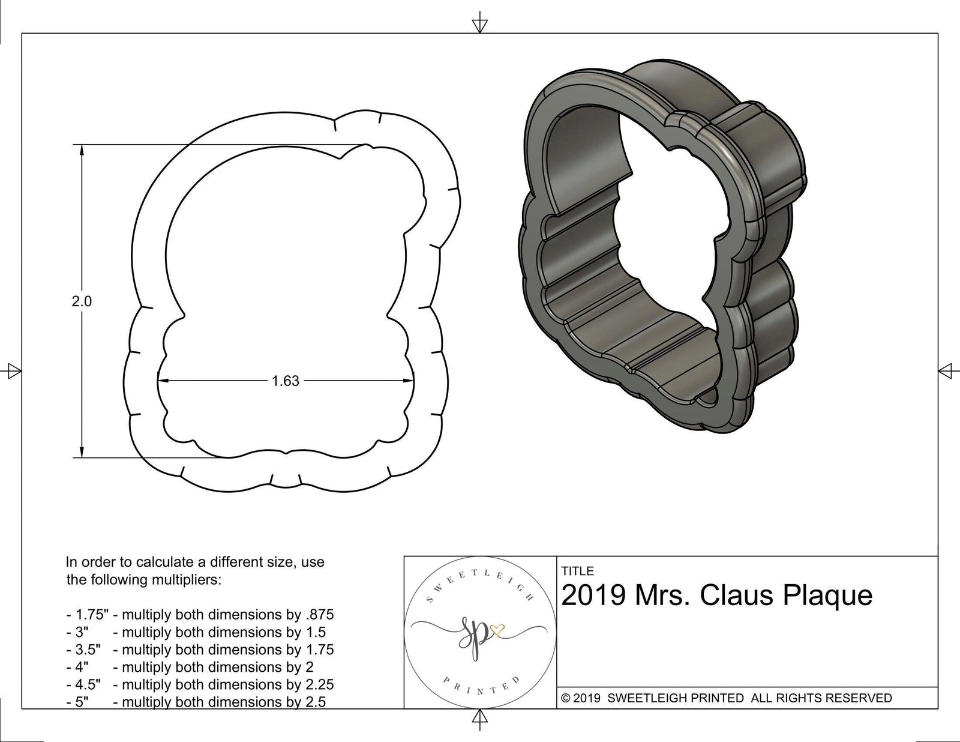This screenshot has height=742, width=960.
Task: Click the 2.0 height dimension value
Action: pos(82,301)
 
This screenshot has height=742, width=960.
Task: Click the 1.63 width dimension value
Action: pos(285,381)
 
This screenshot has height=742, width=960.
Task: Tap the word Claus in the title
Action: pos(737,596)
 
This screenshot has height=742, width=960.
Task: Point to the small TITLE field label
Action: pos(577,571)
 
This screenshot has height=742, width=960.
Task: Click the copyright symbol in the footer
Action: pos(565,698)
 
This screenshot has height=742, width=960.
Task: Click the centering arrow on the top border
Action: pos(479,25)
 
